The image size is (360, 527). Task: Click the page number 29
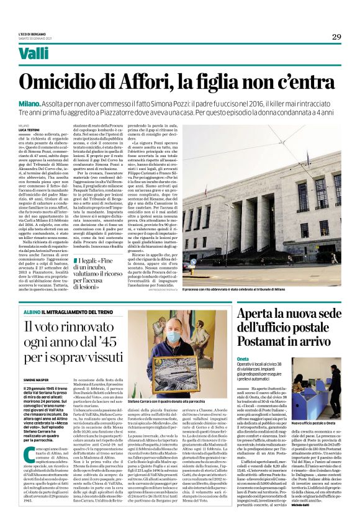[x=336, y=37]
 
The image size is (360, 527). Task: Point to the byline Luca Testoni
[x=46, y=129]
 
